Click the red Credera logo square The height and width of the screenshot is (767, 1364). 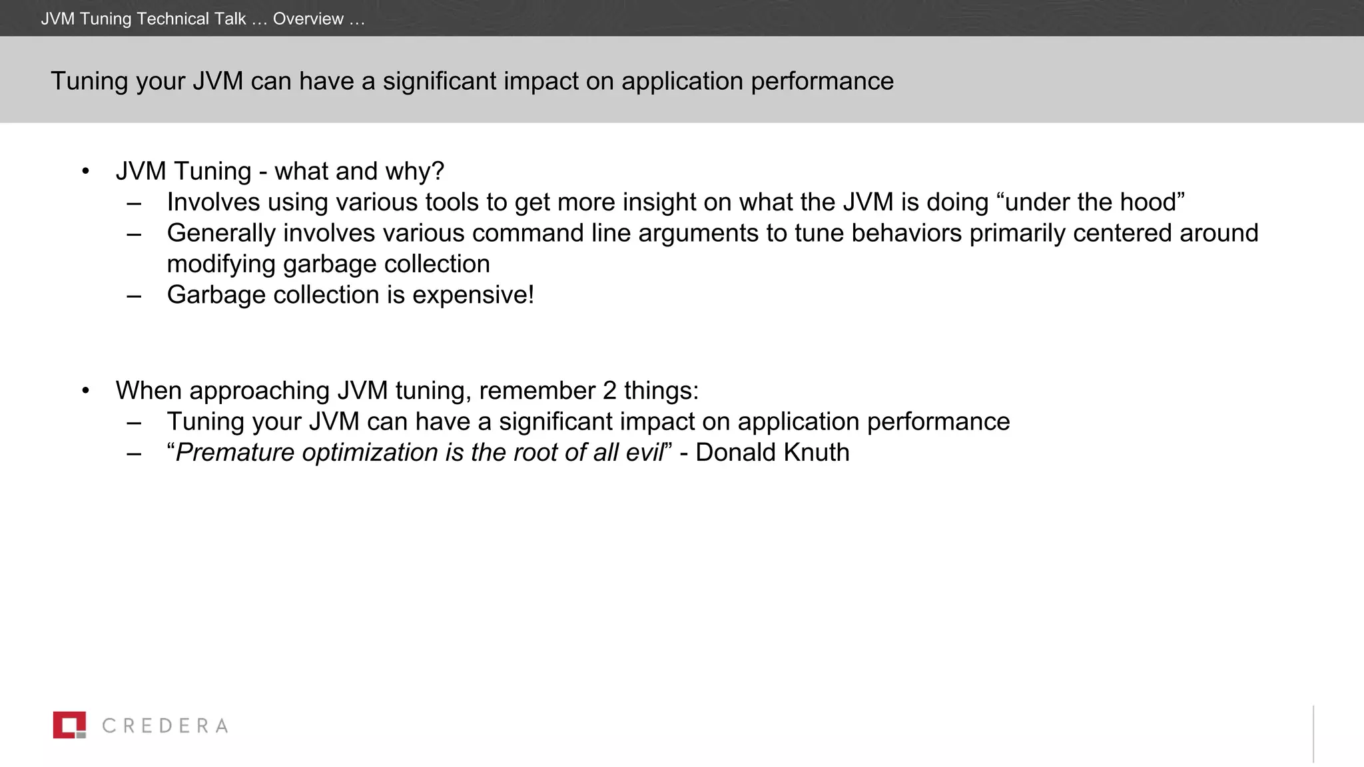tap(69, 725)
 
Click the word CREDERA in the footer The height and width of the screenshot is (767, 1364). tap(165, 726)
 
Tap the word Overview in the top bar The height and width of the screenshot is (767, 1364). tap(308, 19)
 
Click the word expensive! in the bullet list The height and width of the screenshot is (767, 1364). tap(473, 295)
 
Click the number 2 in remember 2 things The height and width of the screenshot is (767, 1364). tap(609, 391)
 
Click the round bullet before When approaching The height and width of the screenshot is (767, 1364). tap(85, 391)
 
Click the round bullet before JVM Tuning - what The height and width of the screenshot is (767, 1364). tap(85, 172)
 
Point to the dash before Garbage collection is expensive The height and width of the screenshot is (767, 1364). tap(134, 295)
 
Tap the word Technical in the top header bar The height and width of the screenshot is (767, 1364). tap(172, 19)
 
